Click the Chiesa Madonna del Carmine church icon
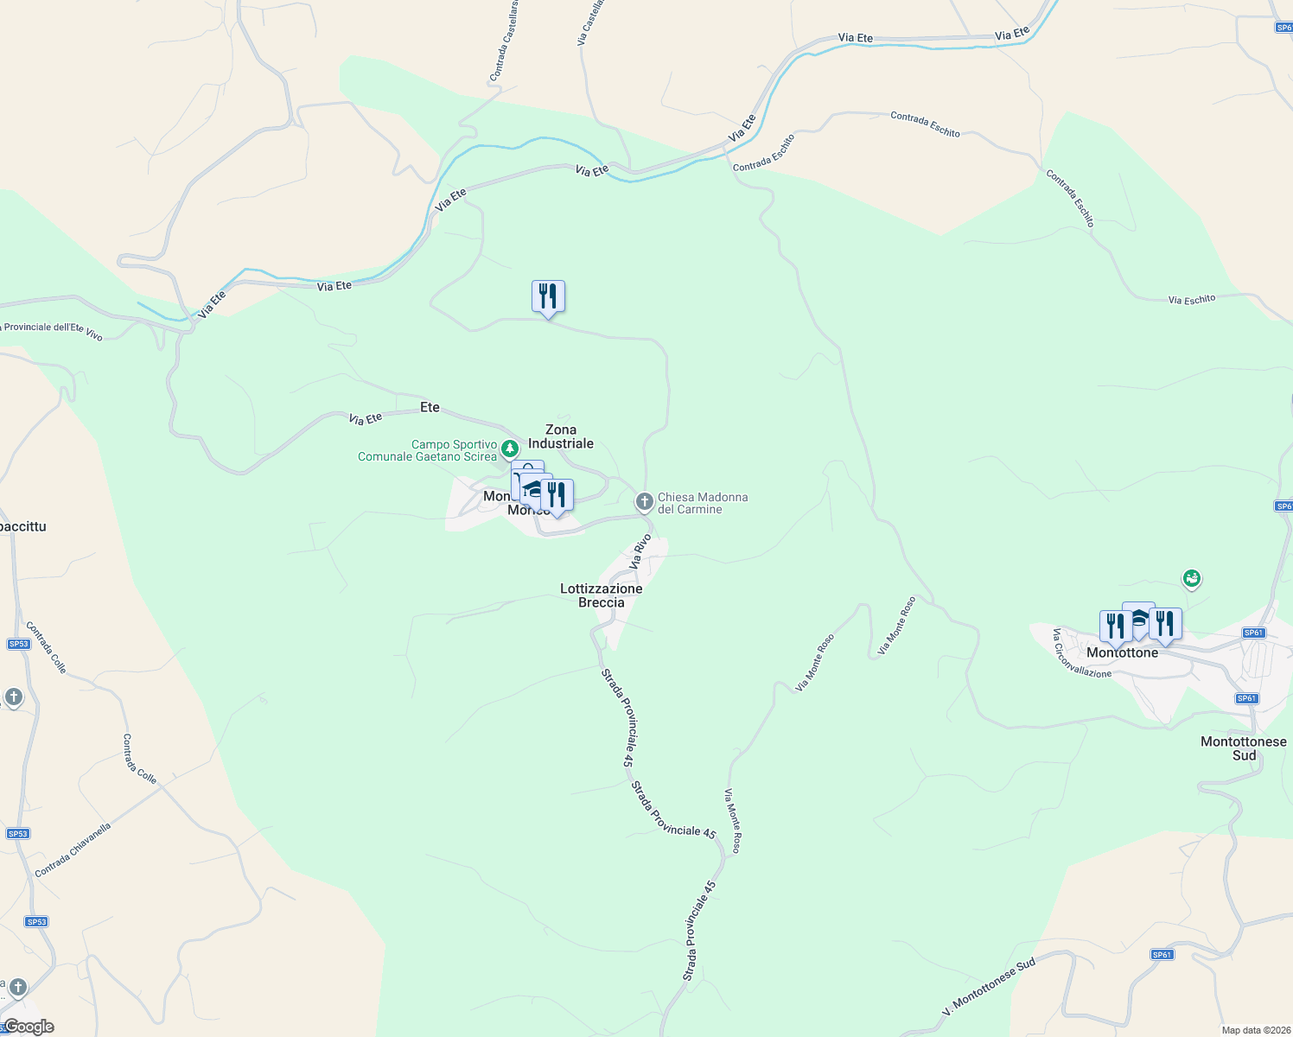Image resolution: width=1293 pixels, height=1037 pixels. coord(644,501)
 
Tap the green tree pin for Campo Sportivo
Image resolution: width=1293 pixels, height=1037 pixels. coord(510,448)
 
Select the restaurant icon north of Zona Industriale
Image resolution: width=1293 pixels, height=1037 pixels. coord(548,296)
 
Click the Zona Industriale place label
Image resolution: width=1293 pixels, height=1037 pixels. coord(561,436)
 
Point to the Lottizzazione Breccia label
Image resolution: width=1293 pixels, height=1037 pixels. coord(602,595)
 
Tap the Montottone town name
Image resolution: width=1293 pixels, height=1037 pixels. coord(1122,653)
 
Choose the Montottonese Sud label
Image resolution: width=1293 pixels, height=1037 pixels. coord(1244,748)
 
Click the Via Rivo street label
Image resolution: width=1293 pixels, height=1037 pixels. coord(641,550)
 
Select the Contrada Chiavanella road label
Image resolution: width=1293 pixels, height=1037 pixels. coord(73,849)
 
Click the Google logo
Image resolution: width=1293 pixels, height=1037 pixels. coord(29,1027)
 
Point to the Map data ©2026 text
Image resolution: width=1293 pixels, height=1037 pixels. coord(1254,1030)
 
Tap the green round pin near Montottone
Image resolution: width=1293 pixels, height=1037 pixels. coord(1192,577)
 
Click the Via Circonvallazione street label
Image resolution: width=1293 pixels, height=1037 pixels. coord(1080,654)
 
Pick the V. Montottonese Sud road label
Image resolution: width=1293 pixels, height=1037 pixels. coord(989,988)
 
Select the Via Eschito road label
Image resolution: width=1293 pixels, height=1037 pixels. coord(1192,300)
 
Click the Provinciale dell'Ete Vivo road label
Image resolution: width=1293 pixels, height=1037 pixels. coord(52,329)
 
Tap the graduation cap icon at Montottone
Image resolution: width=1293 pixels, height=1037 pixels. coord(1138,617)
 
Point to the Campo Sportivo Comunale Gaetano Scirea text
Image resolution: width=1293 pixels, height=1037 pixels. coord(428,450)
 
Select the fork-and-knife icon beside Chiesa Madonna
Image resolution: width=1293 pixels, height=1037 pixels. coord(557,495)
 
